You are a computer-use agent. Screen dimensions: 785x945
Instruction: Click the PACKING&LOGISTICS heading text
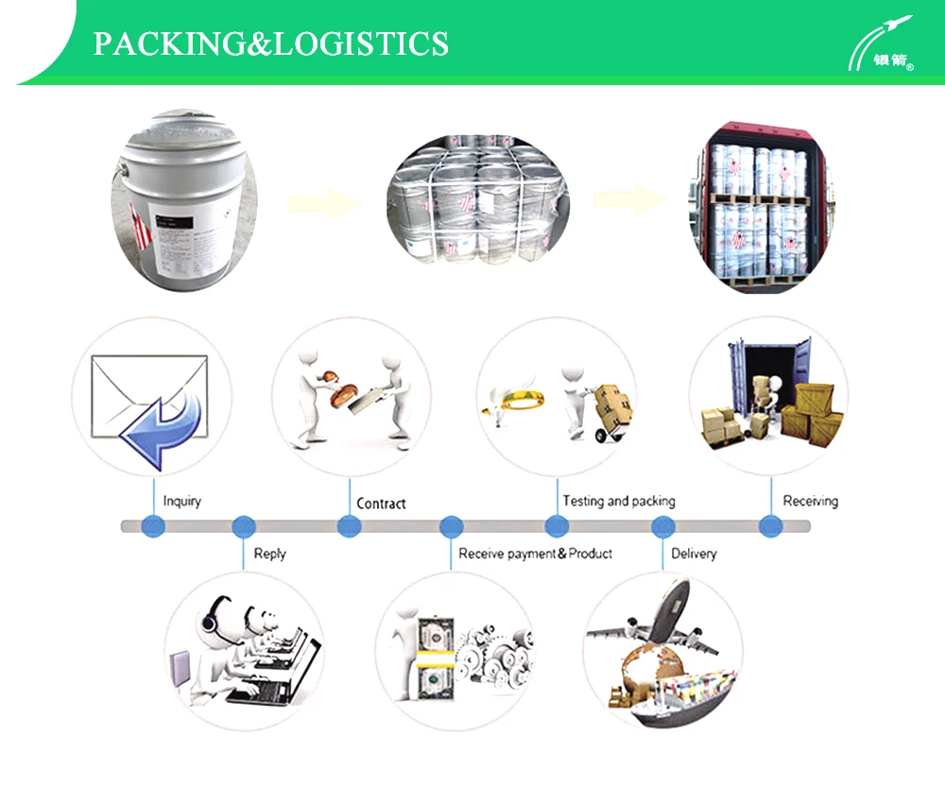pos(270,43)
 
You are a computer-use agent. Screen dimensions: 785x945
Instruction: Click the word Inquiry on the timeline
pos(181,501)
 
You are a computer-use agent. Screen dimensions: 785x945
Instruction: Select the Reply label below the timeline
pos(269,554)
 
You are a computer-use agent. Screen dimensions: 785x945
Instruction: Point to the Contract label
pos(381,503)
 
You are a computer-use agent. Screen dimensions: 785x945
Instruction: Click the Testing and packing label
pos(619,501)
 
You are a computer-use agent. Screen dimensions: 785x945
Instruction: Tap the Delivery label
pos(694,554)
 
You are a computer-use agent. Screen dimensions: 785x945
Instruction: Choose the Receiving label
pos(810,501)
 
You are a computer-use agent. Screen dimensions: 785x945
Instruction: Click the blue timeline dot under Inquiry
pos(153,526)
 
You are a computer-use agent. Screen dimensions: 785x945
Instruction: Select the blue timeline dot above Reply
pos(244,526)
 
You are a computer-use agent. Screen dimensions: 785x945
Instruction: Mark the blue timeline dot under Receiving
pos(771,526)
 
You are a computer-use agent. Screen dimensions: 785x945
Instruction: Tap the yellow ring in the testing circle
pos(514,401)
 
